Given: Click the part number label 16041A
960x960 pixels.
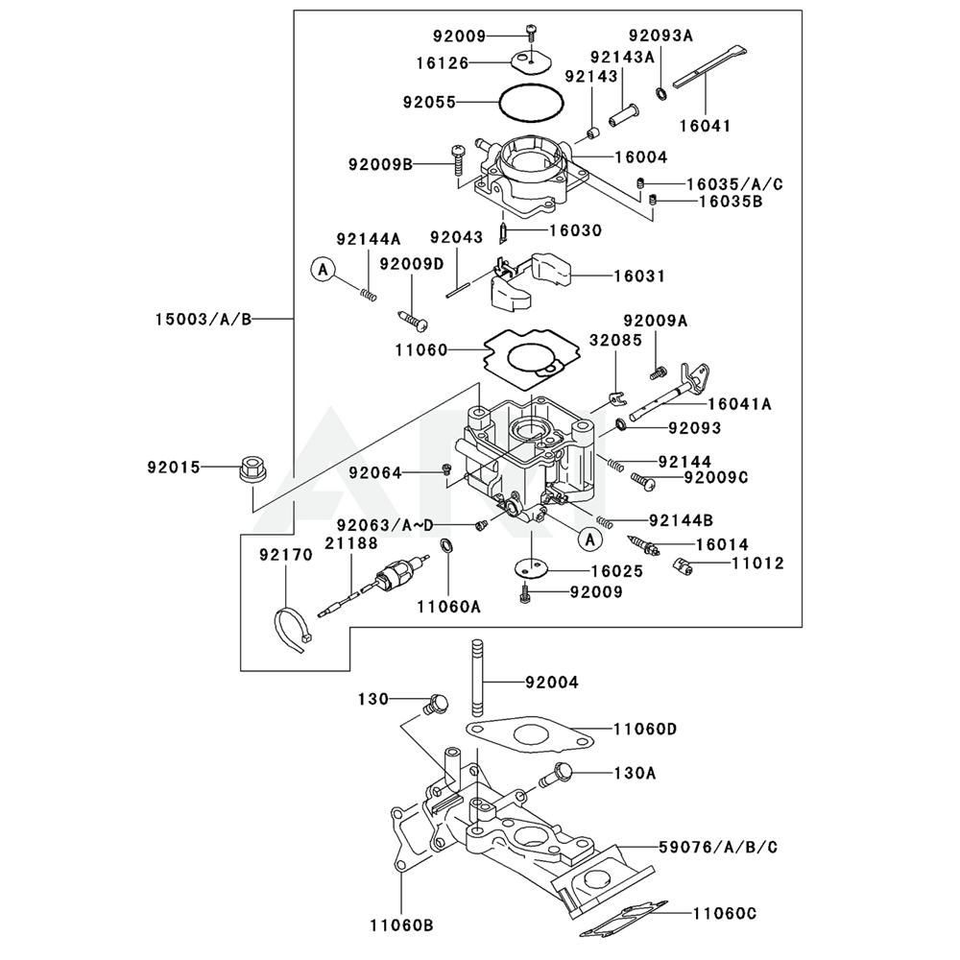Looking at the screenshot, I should [740, 405].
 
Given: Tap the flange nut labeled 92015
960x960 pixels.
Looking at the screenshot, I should [252, 470].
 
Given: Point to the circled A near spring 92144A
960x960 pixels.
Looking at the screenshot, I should [324, 272].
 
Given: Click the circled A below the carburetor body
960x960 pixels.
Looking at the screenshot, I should [588, 540].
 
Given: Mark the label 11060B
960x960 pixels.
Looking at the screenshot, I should [401, 925].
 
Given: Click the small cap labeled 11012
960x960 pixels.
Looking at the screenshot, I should [683, 565].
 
